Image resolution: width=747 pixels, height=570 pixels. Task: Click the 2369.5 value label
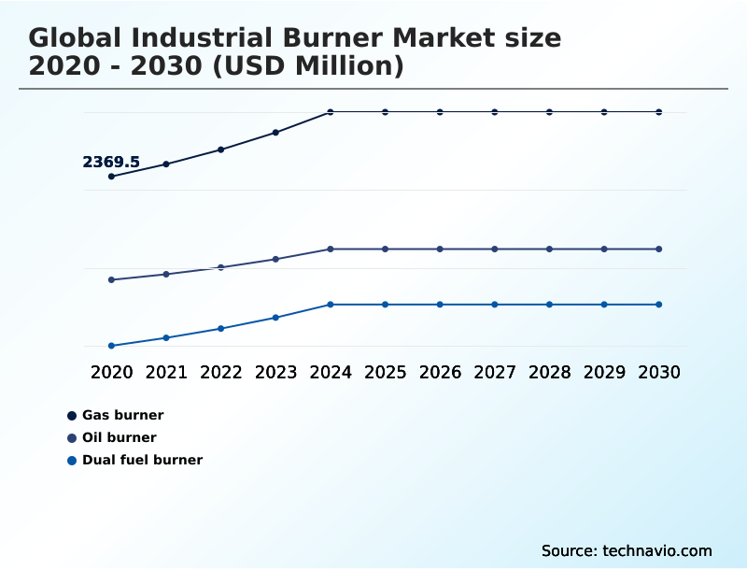coord(111,163)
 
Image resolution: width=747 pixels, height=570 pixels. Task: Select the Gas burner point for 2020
coord(112,177)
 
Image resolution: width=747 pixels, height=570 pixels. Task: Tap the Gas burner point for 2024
coord(331,112)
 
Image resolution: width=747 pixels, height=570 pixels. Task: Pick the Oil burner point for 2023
coord(275,259)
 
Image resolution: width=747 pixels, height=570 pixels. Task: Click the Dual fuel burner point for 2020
coord(112,346)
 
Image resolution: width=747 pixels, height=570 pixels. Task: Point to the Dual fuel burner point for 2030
coord(658,305)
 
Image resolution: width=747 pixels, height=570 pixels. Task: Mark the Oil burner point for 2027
coord(495,249)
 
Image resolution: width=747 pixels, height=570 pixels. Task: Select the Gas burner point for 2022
coord(221,150)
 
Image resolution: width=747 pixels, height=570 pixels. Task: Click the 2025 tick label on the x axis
coord(385,372)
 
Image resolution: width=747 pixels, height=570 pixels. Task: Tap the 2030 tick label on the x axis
coord(658,372)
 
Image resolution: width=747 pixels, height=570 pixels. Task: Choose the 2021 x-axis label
coord(166,372)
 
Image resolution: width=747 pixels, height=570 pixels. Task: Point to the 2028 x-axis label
coord(549,372)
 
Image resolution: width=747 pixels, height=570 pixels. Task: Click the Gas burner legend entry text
coord(122,415)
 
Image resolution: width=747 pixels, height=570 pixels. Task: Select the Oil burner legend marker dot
coord(72,437)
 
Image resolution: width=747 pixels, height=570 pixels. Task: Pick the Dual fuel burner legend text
coord(142,460)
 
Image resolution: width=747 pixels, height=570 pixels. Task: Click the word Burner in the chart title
coord(333,38)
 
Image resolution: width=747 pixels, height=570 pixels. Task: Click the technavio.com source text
coord(657,550)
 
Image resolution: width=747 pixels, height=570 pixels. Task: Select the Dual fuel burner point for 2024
coord(331,305)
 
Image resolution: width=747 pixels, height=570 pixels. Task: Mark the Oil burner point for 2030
coord(658,249)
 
